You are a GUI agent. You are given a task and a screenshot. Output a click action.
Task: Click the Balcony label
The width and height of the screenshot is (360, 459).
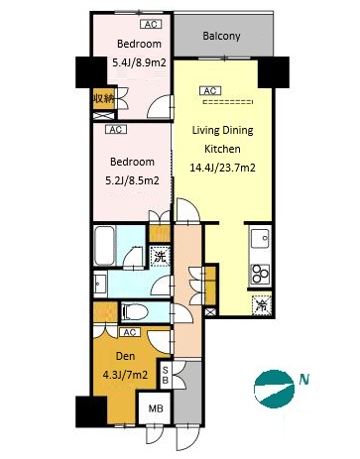(221, 36)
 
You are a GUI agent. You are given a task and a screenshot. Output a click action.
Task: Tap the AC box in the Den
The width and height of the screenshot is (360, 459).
(130, 332)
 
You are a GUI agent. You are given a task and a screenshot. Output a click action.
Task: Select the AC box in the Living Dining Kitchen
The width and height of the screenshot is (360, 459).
(210, 90)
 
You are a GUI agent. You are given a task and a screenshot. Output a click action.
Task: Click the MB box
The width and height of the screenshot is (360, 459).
(156, 408)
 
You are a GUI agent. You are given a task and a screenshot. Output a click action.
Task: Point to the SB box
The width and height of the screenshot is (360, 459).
(166, 376)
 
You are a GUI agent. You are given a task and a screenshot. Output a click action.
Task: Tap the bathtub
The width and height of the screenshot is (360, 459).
(105, 246)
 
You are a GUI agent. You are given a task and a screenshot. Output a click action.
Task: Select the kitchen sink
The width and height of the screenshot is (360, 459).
(261, 239)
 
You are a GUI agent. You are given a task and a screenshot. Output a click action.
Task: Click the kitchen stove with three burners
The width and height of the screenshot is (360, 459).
(260, 275)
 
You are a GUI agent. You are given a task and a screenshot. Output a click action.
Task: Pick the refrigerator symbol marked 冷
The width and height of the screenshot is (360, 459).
(262, 304)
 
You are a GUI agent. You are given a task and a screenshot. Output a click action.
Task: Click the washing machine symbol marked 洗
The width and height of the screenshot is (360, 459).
(160, 257)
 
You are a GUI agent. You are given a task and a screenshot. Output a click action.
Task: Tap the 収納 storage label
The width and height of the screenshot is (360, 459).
(103, 98)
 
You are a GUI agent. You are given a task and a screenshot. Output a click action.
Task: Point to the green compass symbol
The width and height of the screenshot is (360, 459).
(274, 389)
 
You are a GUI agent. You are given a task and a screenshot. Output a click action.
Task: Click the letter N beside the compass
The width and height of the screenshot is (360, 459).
(304, 380)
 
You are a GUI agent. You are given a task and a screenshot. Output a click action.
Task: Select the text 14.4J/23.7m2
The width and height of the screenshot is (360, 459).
(222, 168)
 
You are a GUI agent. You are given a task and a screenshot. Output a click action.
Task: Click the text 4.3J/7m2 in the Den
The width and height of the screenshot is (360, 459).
(125, 375)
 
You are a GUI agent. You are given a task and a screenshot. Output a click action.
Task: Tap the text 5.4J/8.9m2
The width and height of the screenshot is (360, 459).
(139, 62)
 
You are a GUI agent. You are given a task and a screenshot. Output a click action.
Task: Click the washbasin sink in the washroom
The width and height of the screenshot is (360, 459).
(100, 283)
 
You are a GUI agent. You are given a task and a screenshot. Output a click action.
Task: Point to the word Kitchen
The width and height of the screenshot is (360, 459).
(222, 149)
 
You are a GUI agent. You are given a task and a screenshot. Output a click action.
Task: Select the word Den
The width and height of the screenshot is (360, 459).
(125, 356)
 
